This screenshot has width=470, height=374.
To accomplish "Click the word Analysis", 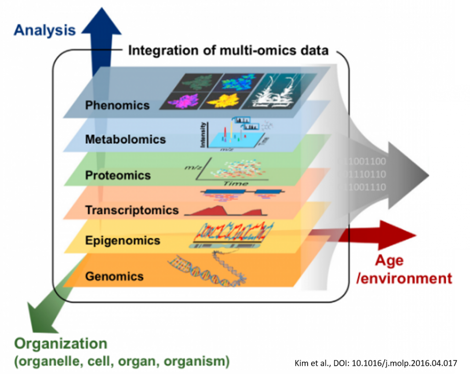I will point(45,30).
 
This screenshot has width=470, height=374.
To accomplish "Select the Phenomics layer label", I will point(117,105).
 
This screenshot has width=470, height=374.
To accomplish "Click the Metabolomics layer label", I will point(125,139).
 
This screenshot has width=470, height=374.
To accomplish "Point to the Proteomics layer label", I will point(117,175).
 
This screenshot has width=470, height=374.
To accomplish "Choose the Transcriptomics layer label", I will point(131,210).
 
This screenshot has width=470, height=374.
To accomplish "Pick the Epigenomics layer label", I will point(122,240).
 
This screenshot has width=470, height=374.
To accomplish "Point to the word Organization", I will point(61,344).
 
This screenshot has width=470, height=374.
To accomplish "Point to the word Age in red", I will point(389,261).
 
